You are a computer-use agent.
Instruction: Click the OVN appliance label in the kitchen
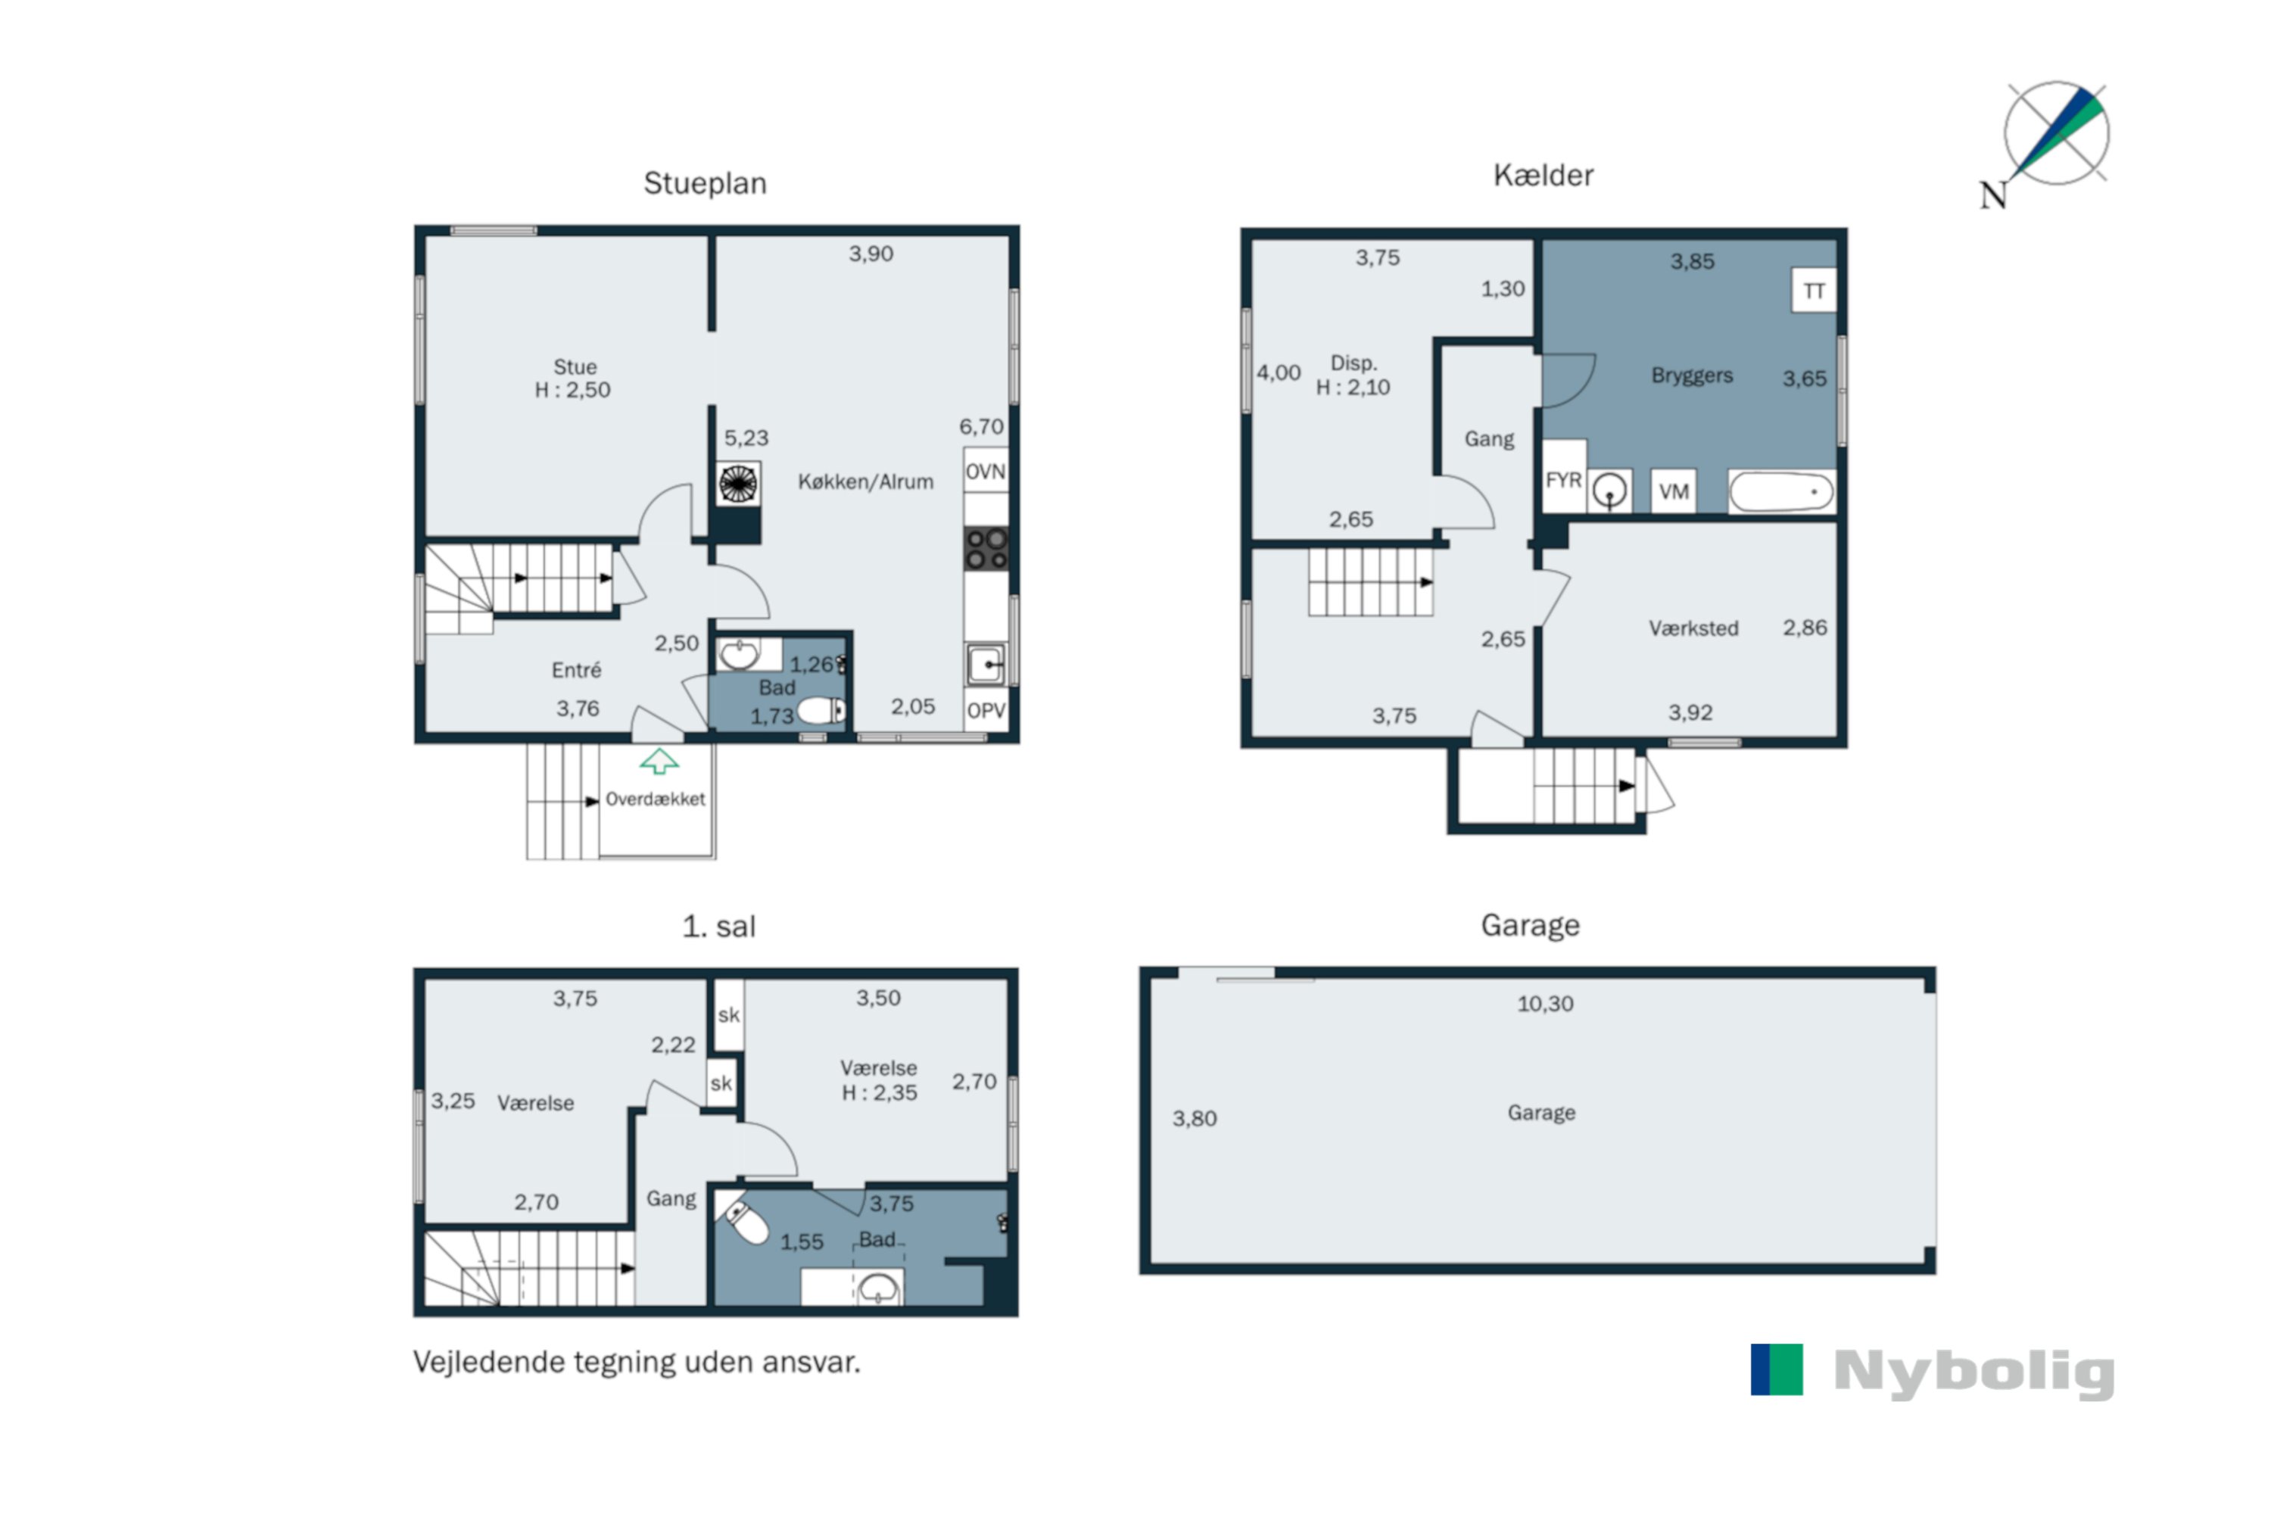(x=985, y=471)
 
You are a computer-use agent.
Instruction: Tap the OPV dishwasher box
(x=986, y=710)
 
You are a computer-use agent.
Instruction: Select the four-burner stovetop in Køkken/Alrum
(x=986, y=547)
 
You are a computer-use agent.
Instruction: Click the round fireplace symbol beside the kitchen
(x=737, y=484)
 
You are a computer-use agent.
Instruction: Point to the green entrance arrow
(x=659, y=761)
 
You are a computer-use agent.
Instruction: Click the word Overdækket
(x=655, y=799)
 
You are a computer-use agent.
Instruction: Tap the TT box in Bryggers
(x=1813, y=290)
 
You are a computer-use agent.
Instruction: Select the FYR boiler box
(x=1563, y=479)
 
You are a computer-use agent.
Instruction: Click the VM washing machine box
(x=1673, y=491)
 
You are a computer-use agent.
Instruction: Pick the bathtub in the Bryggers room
(x=1781, y=491)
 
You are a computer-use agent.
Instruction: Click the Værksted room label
(x=1693, y=628)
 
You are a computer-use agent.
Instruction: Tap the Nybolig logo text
(x=1973, y=1371)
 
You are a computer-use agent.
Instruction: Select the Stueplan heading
(x=705, y=183)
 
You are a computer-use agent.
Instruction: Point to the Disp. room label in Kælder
(x=1354, y=363)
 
